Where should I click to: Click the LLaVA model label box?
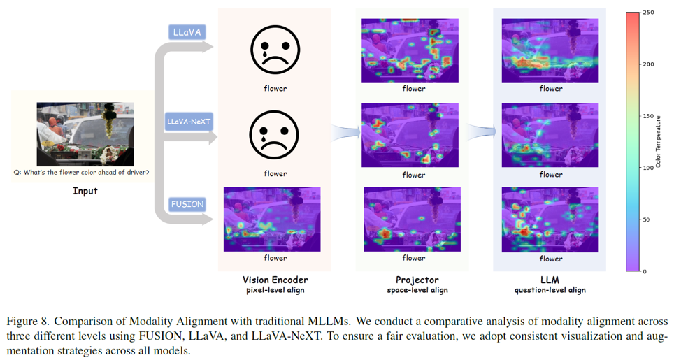(x=187, y=32)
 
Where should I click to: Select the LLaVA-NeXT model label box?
(x=189, y=121)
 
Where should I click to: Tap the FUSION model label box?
(x=187, y=204)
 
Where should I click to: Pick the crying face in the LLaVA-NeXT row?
(x=275, y=136)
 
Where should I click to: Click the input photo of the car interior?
(x=85, y=134)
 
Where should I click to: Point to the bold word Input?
(x=85, y=191)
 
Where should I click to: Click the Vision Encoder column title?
(x=275, y=280)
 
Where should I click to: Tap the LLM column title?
(x=550, y=280)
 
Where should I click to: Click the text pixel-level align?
(x=275, y=290)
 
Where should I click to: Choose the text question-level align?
(x=550, y=290)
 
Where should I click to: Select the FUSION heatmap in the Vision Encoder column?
(x=272, y=219)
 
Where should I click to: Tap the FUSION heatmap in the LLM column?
(x=550, y=219)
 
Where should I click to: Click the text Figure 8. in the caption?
(x=27, y=322)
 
